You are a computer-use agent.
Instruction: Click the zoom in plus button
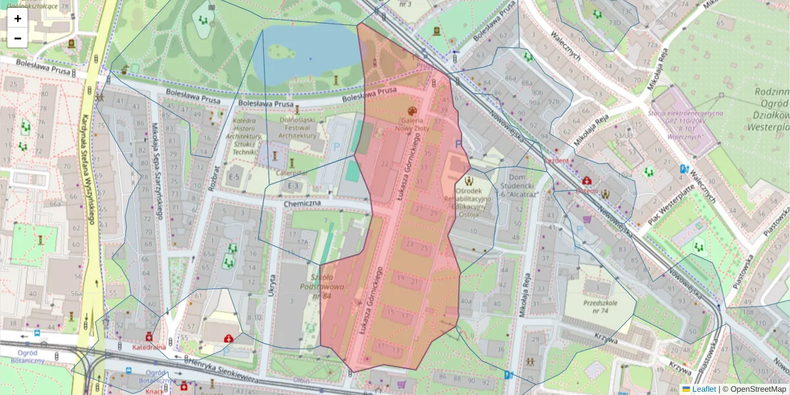coord(18,18)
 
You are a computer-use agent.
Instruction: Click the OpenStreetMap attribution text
coord(758,389)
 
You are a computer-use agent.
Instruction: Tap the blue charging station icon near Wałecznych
coord(682,169)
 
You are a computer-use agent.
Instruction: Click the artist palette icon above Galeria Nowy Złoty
coord(413,111)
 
